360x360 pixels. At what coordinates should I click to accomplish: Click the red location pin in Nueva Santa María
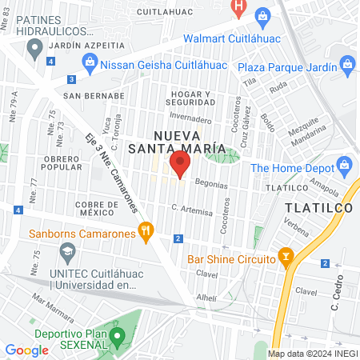(179, 166)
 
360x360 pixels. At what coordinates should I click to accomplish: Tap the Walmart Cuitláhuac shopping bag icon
(262, 15)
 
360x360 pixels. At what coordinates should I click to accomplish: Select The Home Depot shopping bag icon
(346, 167)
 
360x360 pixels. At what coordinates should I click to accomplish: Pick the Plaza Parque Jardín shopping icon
(346, 63)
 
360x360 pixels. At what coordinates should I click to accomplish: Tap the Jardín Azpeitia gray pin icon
(34, 50)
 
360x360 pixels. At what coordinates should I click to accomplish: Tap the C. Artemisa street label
(192, 210)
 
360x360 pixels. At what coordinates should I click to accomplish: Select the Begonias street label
(211, 183)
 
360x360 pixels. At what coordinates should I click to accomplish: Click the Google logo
(26, 350)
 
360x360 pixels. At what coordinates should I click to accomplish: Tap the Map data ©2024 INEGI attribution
(312, 354)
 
